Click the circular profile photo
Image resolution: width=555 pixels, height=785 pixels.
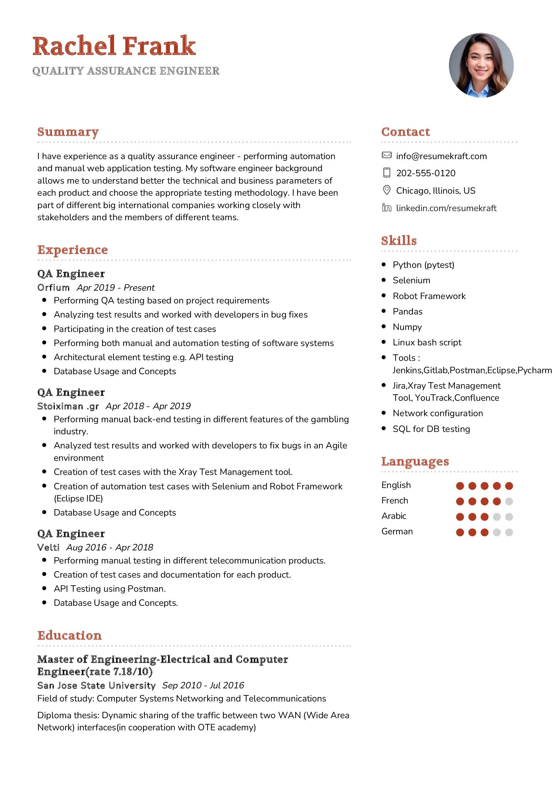point(481,65)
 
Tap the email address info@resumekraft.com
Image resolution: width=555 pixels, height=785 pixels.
point(441,156)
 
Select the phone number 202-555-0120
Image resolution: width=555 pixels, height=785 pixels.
point(425,173)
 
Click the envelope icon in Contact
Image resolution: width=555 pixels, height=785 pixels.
point(386,156)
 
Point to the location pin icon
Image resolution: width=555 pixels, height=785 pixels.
point(386,190)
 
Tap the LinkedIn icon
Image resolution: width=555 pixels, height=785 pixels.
point(386,208)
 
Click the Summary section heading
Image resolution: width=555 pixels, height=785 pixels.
point(68,132)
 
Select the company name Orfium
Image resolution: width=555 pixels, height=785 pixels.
point(53,288)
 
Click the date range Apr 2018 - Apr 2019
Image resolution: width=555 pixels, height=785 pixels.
point(148,406)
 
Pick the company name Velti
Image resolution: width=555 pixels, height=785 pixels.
point(48,547)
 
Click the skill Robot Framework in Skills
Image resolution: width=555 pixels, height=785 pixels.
point(429,296)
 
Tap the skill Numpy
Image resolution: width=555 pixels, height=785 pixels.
point(407,327)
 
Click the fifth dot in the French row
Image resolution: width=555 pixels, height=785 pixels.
point(509,501)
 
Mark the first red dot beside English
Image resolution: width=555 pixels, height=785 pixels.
point(460,486)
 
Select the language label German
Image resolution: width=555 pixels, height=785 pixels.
point(397,532)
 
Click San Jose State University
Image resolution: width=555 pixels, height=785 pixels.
point(96,686)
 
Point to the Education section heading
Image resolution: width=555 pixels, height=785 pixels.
point(70,636)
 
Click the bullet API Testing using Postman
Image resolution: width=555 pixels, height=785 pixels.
point(109,589)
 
